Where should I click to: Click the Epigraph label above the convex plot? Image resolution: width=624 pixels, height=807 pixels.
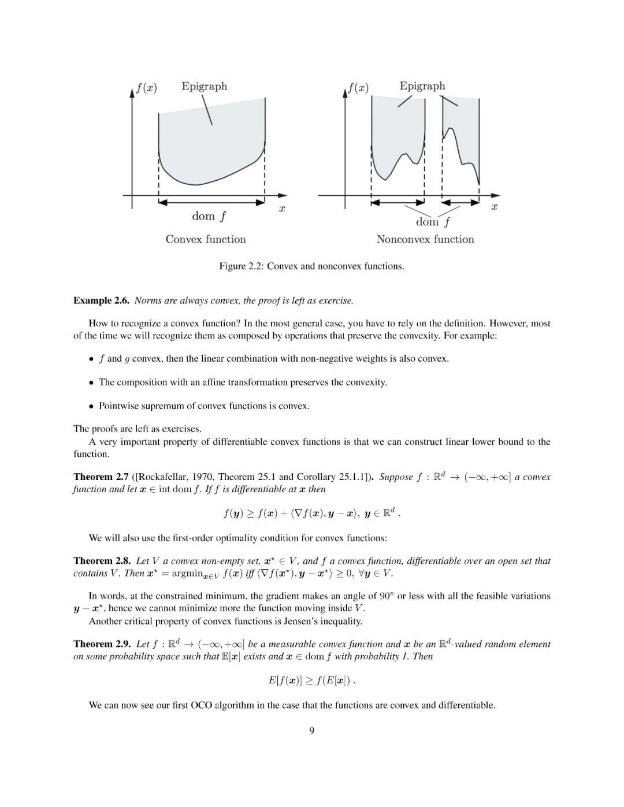pos(204,87)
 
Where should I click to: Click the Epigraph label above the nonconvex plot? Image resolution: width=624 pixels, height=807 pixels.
pos(422,86)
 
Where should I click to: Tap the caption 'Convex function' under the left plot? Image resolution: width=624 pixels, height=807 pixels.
pos(206,239)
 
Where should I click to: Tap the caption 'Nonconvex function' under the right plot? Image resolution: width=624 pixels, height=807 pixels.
pos(425,239)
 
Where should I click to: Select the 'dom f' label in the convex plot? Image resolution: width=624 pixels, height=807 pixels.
pos(209,217)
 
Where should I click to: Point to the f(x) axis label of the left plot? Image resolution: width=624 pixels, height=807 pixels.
pos(147,88)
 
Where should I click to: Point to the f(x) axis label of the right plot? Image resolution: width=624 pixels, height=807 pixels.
pos(358,88)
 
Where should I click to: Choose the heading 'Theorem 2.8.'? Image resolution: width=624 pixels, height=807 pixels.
pos(102,561)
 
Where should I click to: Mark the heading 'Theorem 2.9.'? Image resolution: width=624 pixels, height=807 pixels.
pos(102,644)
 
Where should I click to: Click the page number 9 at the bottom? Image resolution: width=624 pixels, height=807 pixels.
pos(312,731)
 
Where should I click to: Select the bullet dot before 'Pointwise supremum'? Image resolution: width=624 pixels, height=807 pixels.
pos(91,406)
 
